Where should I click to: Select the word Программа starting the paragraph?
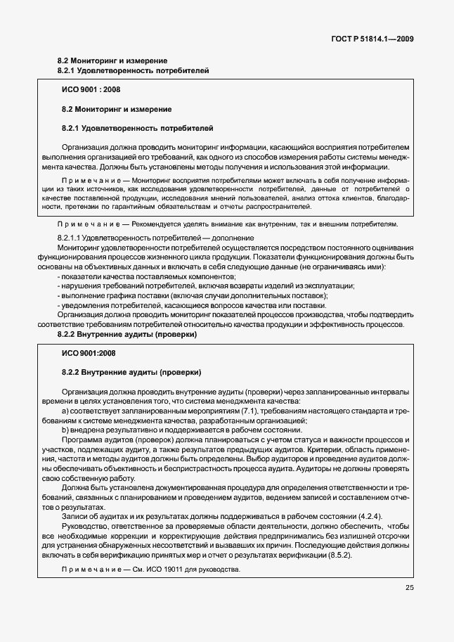(82, 439)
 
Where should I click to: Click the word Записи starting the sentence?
(76, 516)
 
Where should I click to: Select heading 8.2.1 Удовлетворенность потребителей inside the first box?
(138, 128)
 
